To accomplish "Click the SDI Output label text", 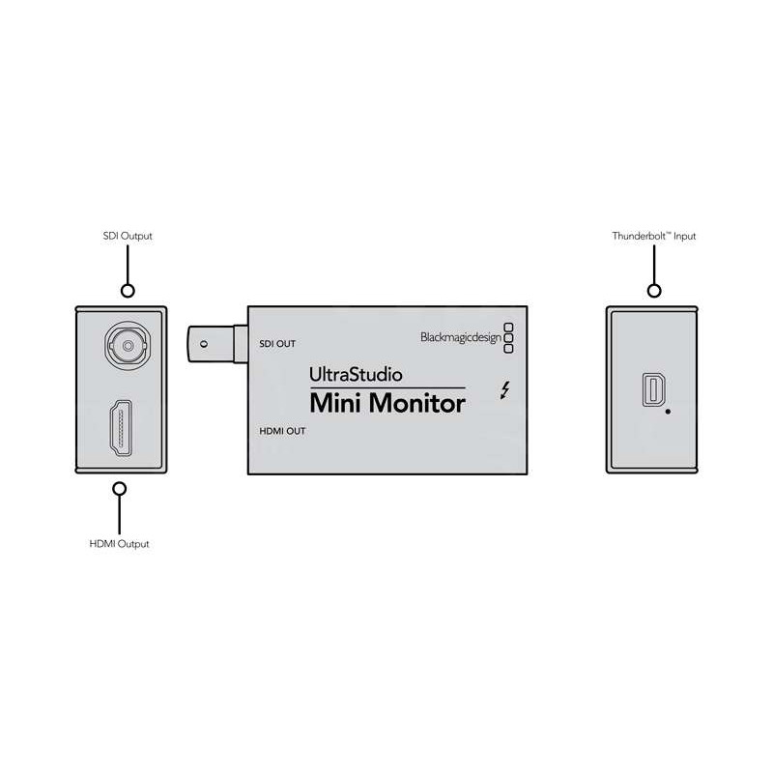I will pyautogui.click(x=127, y=236).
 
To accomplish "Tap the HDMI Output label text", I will pyautogui.click(x=119, y=544).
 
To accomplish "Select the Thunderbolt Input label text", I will pyautogui.click(x=654, y=236).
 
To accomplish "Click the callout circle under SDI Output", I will pyautogui.click(x=126, y=290).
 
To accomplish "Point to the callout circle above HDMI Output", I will pyautogui.click(x=119, y=490).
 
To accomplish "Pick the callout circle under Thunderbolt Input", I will pyautogui.click(x=654, y=290).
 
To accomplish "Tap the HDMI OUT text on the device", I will pyautogui.click(x=281, y=432).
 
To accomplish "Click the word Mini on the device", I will pyautogui.click(x=338, y=404).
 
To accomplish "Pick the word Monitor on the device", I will pyautogui.click(x=417, y=404).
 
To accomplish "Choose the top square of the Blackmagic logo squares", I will pyautogui.click(x=509, y=326).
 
